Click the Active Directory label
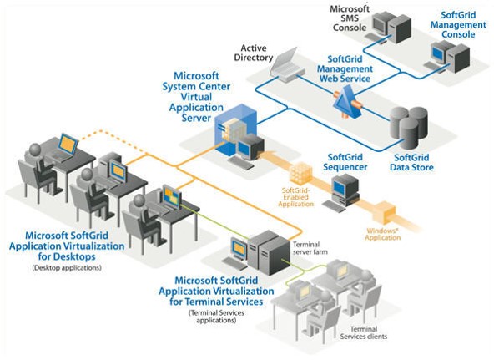point(254,53)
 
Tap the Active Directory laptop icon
point(287,66)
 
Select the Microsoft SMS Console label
point(350,18)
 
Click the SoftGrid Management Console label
point(458,24)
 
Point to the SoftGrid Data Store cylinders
point(409,127)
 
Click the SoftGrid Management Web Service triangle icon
point(347,103)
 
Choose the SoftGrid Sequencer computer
point(342,193)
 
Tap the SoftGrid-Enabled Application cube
point(300,173)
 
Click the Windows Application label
point(383,234)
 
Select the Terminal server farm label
point(310,248)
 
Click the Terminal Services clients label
point(364,333)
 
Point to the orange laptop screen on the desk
point(68,144)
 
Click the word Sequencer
point(345,167)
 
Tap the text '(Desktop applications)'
point(67,268)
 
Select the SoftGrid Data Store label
point(411,162)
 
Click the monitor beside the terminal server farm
point(239,248)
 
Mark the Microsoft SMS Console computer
point(391,28)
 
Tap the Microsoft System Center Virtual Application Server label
point(196,97)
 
